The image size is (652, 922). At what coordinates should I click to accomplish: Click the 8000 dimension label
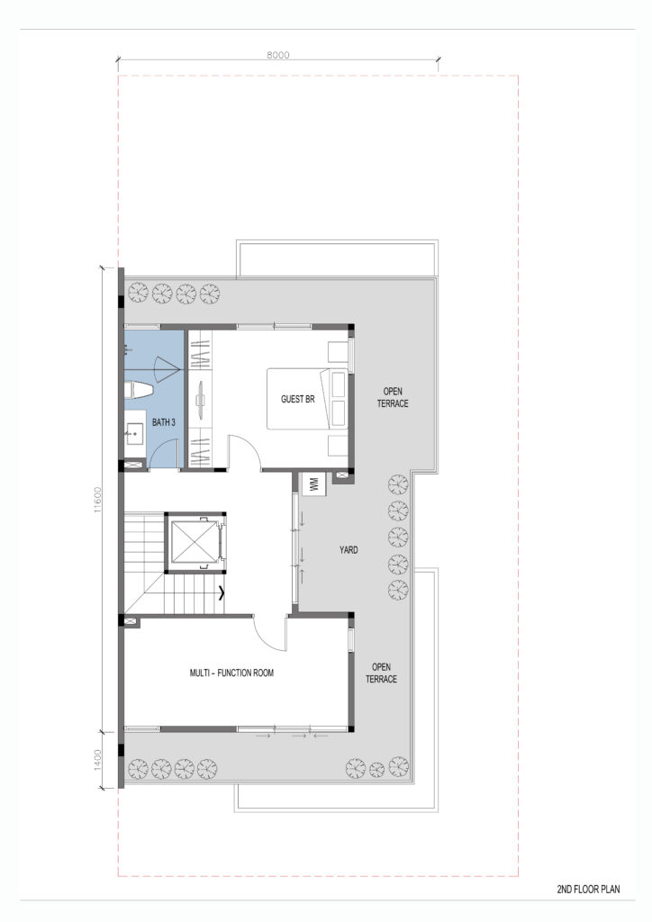(x=278, y=55)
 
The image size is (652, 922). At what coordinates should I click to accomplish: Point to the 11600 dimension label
(x=97, y=499)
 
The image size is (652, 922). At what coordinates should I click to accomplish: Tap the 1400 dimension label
(x=97, y=760)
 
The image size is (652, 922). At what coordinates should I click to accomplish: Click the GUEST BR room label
(x=297, y=399)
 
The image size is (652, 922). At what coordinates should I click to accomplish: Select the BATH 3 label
(x=163, y=422)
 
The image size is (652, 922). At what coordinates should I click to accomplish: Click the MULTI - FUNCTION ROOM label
(x=231, y=673)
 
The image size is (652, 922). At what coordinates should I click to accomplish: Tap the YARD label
(x=348, y=550)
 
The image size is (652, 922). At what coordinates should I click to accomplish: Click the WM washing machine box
(x=313, y=484)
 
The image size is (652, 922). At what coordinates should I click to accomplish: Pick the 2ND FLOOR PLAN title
(x=588, y=890)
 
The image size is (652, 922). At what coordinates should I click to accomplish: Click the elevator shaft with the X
(x=195, y=542)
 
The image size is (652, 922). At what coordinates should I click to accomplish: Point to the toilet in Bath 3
(x=139, y=391)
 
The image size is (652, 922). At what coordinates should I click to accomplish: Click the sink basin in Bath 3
(x=135, y=435)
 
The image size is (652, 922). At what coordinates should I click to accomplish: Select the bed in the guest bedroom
(x=307, y=399)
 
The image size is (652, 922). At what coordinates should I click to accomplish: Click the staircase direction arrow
(x=221, y=593)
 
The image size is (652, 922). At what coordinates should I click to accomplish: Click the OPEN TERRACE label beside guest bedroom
(x=393, y=397)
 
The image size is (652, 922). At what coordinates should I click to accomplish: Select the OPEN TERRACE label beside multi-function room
(x=381, y=673)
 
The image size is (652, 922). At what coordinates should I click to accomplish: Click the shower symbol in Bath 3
(x=166, y=369)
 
